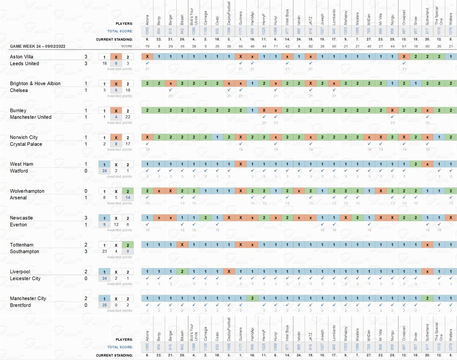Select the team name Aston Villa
[x=21, y=57]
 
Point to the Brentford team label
[x=20, y=305]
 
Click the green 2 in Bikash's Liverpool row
[x=182, y=271]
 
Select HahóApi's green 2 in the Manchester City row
[x=252, y=298]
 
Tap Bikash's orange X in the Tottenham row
[x=182, y=244]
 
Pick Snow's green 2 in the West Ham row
[x=415, y=164]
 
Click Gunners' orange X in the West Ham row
[x=241, y=164]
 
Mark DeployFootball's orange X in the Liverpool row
[x=228, y=271]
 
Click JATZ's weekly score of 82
[x=310, y=46]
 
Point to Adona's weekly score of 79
[x=147, y=46]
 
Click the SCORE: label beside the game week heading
[x=127, y=46]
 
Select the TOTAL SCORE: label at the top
[x=120, y=31]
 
